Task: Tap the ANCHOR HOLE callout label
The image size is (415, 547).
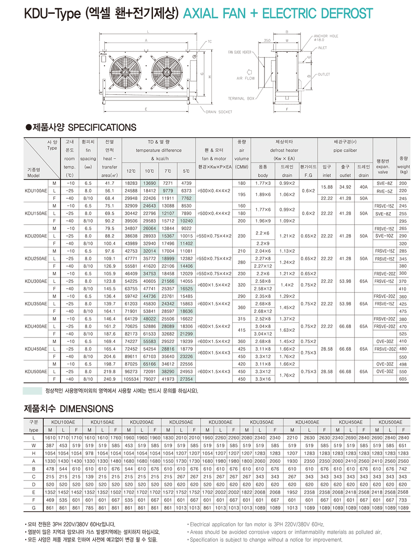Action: (x=326, y=36)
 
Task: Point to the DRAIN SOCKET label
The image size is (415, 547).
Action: (x=219, y=112)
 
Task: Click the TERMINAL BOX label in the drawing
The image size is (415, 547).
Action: (x=241, y=99)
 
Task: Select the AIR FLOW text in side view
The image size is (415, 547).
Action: (x=246, y=79)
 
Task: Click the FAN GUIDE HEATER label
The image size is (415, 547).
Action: (x=240, y=52)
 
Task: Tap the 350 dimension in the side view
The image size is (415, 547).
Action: (x=267, y=41)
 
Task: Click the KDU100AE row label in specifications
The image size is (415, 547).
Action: (x=36, y=191)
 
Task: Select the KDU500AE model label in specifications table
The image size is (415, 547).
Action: (x=36, y=372)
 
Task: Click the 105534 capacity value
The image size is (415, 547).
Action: (x=131, y=379)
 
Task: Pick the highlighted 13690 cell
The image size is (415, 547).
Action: (x=150, y=183)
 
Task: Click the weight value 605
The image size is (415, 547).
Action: (x=403, y=379)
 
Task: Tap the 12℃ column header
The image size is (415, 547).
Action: (x=131, y=171)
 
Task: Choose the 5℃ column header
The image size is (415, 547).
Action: (x=186, y=171)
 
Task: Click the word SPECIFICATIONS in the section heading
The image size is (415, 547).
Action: (x=102, y=127)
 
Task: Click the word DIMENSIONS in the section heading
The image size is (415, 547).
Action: (x=86, y=409)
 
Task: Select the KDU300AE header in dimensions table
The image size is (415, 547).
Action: (x=220, y=422)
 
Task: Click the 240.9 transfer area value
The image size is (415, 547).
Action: (x=109, y=379)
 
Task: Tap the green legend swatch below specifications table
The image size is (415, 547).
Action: (x=32, y=391)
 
